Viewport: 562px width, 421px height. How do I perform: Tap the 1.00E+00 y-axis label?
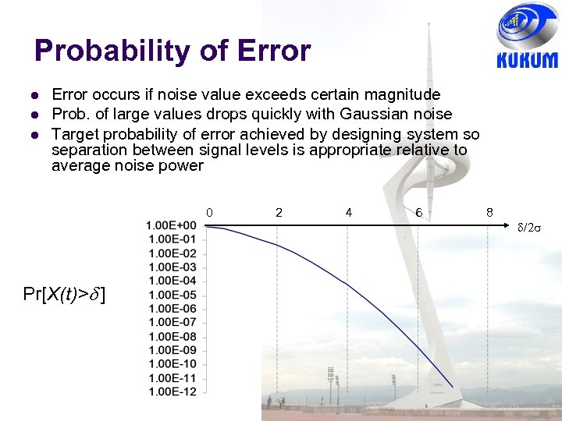[171, 225]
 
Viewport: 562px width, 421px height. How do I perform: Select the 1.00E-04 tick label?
[171, 281]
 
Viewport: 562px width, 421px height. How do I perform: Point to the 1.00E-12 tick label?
[171, 391]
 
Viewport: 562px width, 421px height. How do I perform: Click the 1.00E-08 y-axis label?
[171, 336]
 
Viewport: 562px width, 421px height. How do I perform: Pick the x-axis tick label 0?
[209, 212]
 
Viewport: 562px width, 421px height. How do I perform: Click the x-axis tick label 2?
[279, 212]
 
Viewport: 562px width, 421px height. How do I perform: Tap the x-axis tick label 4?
[348, 212]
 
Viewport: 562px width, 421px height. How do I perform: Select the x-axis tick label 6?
[419, 212]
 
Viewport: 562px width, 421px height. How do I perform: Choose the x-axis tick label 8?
[489, 212]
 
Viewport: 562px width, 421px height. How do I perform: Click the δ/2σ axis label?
[531, 227]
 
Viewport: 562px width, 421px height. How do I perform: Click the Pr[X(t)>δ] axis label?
[66, 294]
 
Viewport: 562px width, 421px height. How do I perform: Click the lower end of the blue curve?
[453, 387]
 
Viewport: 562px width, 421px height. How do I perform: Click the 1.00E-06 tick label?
[171, 309]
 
